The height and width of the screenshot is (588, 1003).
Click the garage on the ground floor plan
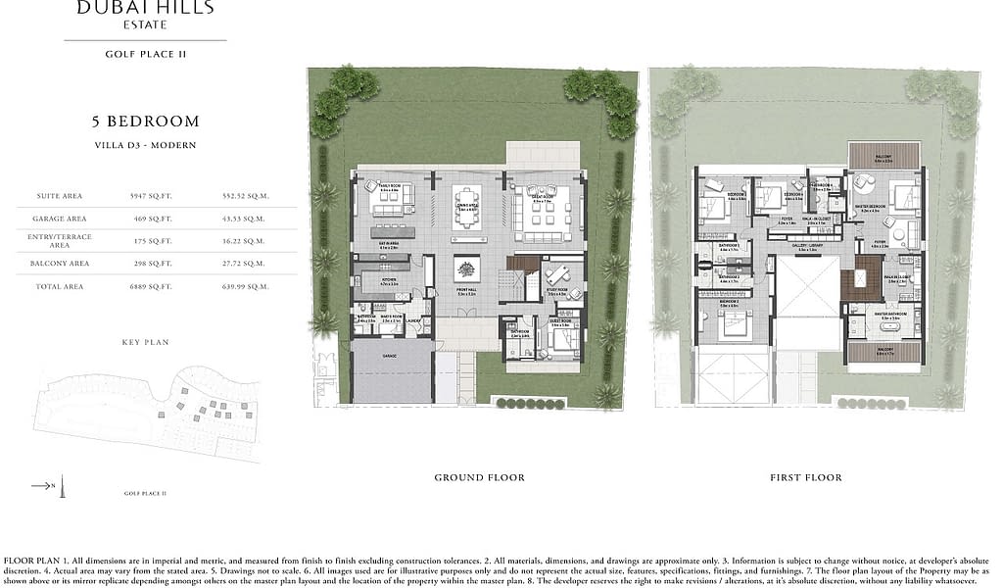(x=393, y=371)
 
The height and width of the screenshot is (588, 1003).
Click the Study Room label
(x=558, y=293)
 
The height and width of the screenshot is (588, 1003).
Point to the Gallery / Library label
(x=807, y=250)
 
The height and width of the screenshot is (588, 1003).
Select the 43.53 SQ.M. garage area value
(x=245, y=219)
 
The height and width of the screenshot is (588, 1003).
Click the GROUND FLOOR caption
(x=479, y=477)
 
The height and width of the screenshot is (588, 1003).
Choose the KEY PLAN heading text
(x=145, y=343)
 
